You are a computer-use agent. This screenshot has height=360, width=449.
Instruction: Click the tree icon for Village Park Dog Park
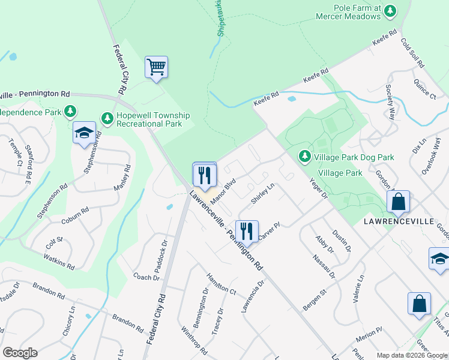tap(305, 157)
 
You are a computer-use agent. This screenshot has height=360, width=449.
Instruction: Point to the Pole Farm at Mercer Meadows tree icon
tap(391, 10)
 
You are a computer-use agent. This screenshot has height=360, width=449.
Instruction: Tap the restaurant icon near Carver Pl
tap(246, 231)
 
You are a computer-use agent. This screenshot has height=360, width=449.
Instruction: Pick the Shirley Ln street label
tap(262, 194)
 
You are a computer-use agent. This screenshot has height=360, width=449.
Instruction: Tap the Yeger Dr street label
tap(318, 188)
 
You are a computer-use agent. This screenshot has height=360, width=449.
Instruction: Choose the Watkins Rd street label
tap(59, 261)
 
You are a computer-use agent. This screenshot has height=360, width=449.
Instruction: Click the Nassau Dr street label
tap(323, 266)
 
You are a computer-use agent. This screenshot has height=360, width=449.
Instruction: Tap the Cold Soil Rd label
tap(413, 52)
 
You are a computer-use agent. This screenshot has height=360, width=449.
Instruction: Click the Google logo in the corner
tap(20, 353)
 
